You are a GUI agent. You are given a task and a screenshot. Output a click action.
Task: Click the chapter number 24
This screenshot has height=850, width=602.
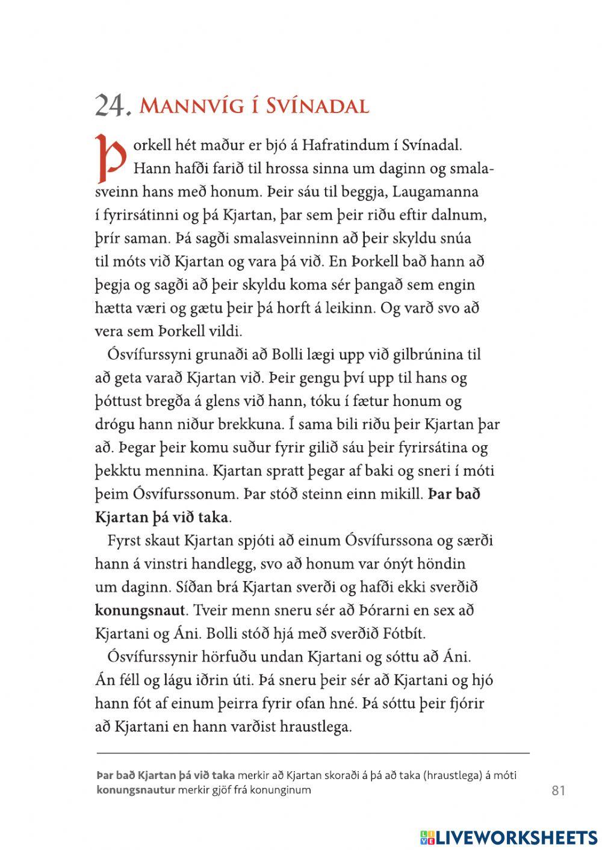pos(112,106)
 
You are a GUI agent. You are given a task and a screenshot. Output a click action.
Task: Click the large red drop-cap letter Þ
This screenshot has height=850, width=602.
pos(110,158)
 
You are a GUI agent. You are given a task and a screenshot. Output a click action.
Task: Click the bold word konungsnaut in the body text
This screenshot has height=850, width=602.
pos(140,611)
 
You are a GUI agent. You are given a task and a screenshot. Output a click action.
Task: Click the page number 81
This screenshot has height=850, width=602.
pos(558,790)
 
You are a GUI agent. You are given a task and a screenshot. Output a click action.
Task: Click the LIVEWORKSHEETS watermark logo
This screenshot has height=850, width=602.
pos(509,837)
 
